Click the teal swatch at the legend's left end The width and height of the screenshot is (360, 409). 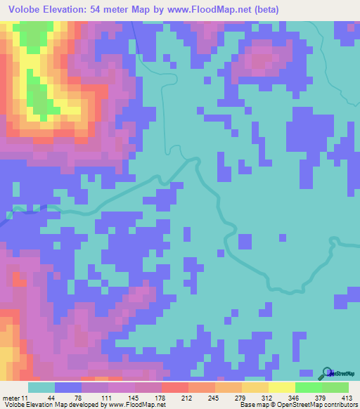coord(41,388)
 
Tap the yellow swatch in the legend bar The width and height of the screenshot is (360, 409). coord(281,388)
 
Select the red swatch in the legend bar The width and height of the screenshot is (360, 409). coord(174,388)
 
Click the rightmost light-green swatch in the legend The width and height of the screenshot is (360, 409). coord(335,388)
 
